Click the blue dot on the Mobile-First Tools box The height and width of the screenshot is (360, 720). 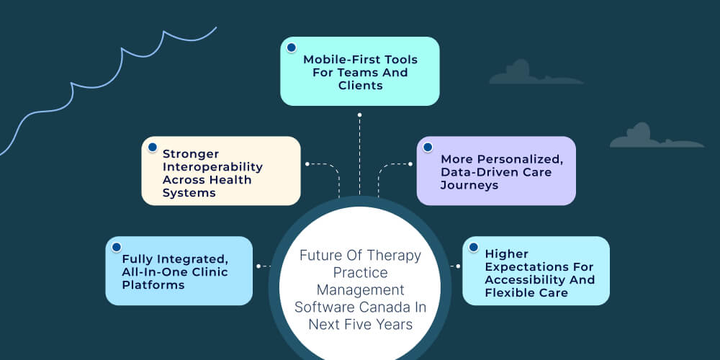click(x=291, y=48)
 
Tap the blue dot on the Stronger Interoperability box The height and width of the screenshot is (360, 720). click(x=153, y=147)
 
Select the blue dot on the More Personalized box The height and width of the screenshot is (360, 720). click(x=428, y=147)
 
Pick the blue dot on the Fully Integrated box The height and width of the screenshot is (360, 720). click(x=117, y=247)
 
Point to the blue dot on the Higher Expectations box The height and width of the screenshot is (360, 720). click(x=473, y=247)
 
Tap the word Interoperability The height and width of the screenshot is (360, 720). click(x=212, y=167)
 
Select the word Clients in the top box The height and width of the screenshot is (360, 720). click(x=360, y=86)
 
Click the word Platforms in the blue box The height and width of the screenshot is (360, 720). click(x=153, y=284)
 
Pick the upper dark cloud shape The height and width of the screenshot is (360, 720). click(x=531, y=73)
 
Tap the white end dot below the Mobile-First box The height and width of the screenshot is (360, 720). click(x=359, y=114)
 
